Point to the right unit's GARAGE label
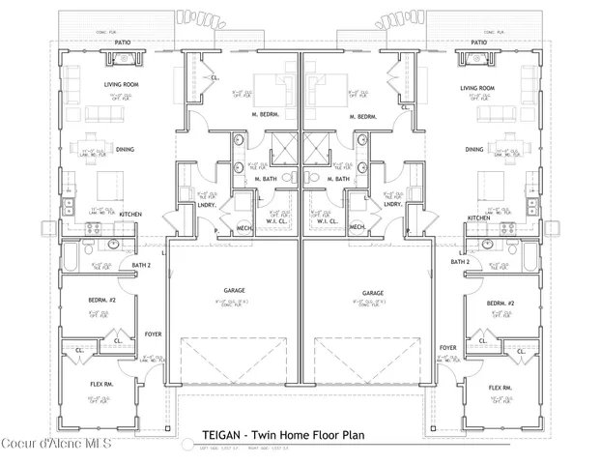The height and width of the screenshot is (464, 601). pos(373,292)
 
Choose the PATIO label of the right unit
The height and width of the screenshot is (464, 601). pos(478,43)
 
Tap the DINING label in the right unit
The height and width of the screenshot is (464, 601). pos(473,150)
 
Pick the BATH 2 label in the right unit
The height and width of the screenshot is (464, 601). pos(459,263)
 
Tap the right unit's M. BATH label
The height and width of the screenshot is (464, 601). pos(338,179)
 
